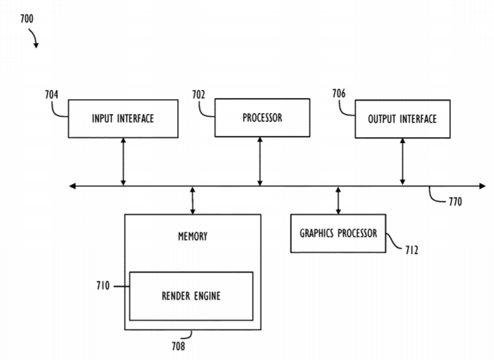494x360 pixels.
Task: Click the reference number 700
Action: [27, 19]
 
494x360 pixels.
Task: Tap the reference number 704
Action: [52, 95]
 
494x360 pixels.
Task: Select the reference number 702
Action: [198, 95]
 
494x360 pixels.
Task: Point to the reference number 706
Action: [339, 94]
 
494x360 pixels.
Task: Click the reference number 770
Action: [455, 202]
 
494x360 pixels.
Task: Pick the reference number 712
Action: [412, 250]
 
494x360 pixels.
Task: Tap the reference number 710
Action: [103, 286]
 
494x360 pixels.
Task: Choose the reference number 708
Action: [178, 346]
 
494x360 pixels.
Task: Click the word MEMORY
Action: [193, 236]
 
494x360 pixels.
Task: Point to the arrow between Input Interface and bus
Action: [123, 162]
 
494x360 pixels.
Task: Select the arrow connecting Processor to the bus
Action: [260, 162]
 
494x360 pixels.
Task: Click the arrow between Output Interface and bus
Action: [402, 162]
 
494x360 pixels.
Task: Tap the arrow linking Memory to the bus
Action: [193, 200]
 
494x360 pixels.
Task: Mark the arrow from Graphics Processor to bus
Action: [338, 200]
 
